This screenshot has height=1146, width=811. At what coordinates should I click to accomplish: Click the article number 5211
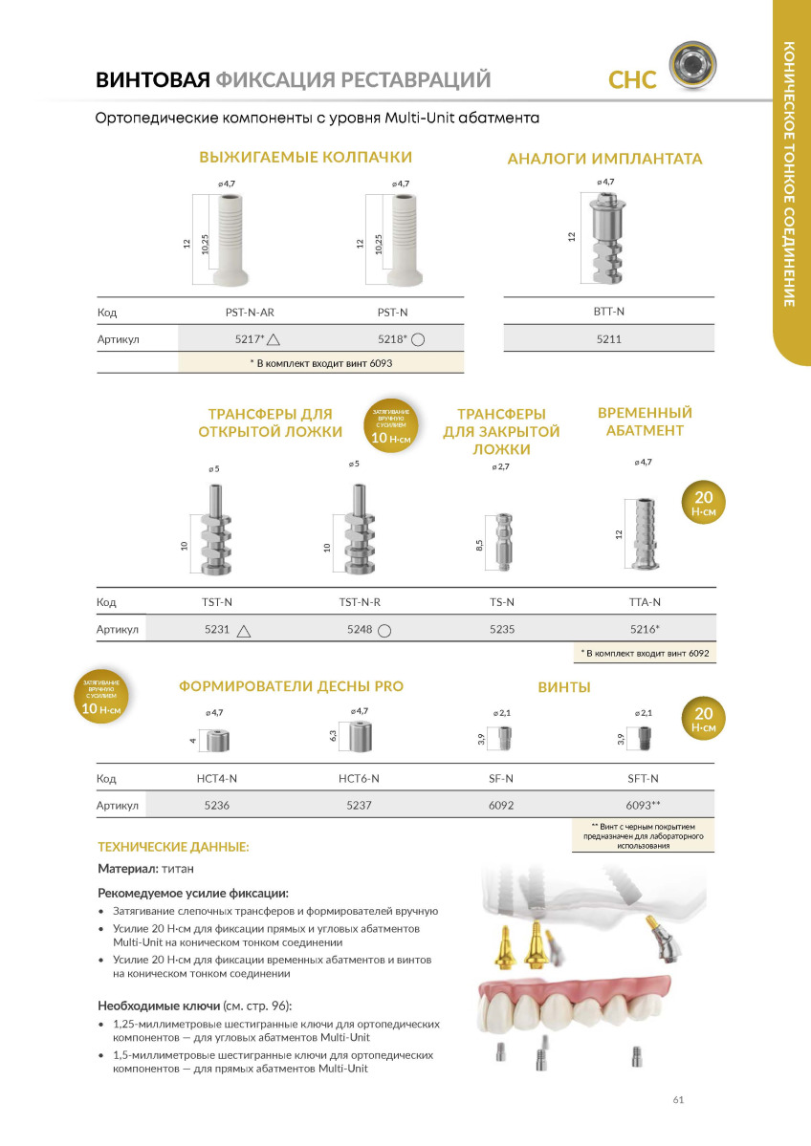[x=608, y=338]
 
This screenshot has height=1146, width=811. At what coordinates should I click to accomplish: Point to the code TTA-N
[x=645, y=602]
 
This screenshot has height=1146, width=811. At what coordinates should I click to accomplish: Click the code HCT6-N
[x=360, y=779]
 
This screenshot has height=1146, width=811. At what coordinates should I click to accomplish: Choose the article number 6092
[x=501, y=806]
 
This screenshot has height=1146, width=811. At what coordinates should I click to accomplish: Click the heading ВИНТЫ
[x=564, y=687]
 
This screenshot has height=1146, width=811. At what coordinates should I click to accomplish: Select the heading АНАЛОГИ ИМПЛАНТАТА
[x=604, y=160]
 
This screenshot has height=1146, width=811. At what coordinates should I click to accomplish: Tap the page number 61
[x=678, y=1099]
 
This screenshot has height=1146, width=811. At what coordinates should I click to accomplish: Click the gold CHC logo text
[x=633, y=80]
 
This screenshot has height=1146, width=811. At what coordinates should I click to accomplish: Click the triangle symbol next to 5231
[x=244, y=630]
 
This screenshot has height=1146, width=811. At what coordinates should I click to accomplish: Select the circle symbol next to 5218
[x=418, y=338]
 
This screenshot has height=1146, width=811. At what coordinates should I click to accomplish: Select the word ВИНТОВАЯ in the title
[x=152, y=79]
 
